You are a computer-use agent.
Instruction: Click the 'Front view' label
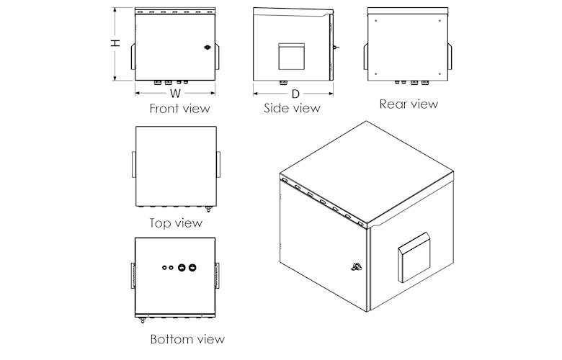(x=179, y=109)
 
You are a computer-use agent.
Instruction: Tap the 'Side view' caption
(x=292, y=108)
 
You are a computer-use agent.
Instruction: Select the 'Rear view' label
(x=409, y=104)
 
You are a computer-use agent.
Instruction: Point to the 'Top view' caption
(x=176, y=223)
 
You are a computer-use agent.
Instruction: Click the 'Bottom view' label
(x=187, y=339)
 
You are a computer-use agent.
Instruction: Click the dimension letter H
(x=115, y=43)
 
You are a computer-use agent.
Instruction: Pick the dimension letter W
(x=175, y=94)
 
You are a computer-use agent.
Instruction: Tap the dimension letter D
(x=295, y=94)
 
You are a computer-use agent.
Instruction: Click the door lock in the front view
(x=208, y=48)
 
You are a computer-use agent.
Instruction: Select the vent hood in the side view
(x=291, y=56)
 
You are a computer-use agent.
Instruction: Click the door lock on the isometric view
(x=356, y=266)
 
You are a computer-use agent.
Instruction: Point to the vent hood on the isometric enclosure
(x=414, y=257)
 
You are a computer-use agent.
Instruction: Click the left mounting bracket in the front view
(x=133, y=57)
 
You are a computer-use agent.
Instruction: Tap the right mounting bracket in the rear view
(x=450, y=57)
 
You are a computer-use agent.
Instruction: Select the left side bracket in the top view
(x=134, y=164)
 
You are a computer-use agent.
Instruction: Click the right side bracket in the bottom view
(x=217, y=276)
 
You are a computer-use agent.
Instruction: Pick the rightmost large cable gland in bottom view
(x=192, y=268)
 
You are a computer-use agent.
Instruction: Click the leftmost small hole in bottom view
(x=164, y=268)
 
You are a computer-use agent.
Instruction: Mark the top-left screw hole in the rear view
(x=375, y=21)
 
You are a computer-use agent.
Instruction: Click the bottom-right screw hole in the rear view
(x=440, y=74)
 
